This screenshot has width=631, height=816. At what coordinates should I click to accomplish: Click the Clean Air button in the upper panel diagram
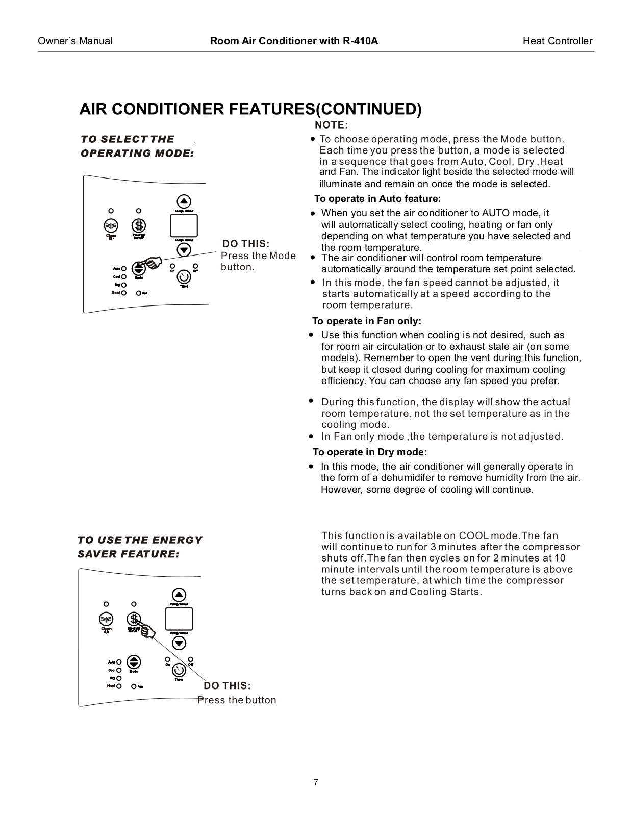[111, 225]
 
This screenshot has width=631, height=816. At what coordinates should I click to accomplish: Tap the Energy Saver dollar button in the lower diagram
[134, 619]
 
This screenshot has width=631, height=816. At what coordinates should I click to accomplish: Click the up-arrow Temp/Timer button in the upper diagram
[184, 201]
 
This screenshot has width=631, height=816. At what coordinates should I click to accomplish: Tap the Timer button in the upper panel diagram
[184, 276]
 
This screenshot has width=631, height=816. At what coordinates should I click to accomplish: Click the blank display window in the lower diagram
[179, 619]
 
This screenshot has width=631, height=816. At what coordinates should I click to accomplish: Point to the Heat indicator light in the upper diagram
[124, 293]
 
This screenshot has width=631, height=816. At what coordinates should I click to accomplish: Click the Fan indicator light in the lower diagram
[133, 686]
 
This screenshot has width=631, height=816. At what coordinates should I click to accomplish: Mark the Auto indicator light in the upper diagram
[124, 268]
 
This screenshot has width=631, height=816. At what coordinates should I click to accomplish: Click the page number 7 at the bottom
[316, 782]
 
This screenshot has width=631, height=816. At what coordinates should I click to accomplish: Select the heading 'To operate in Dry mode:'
[369, 452]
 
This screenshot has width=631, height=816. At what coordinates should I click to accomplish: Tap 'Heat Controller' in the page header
[558, 41]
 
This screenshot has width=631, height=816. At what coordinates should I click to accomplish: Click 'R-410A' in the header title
[360, 41]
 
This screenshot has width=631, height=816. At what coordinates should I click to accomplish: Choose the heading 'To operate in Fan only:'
[366, 321]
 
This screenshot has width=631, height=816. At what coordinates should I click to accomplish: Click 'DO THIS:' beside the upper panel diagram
[246, 244]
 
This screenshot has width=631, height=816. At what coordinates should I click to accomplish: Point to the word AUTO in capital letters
[496, 213]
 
